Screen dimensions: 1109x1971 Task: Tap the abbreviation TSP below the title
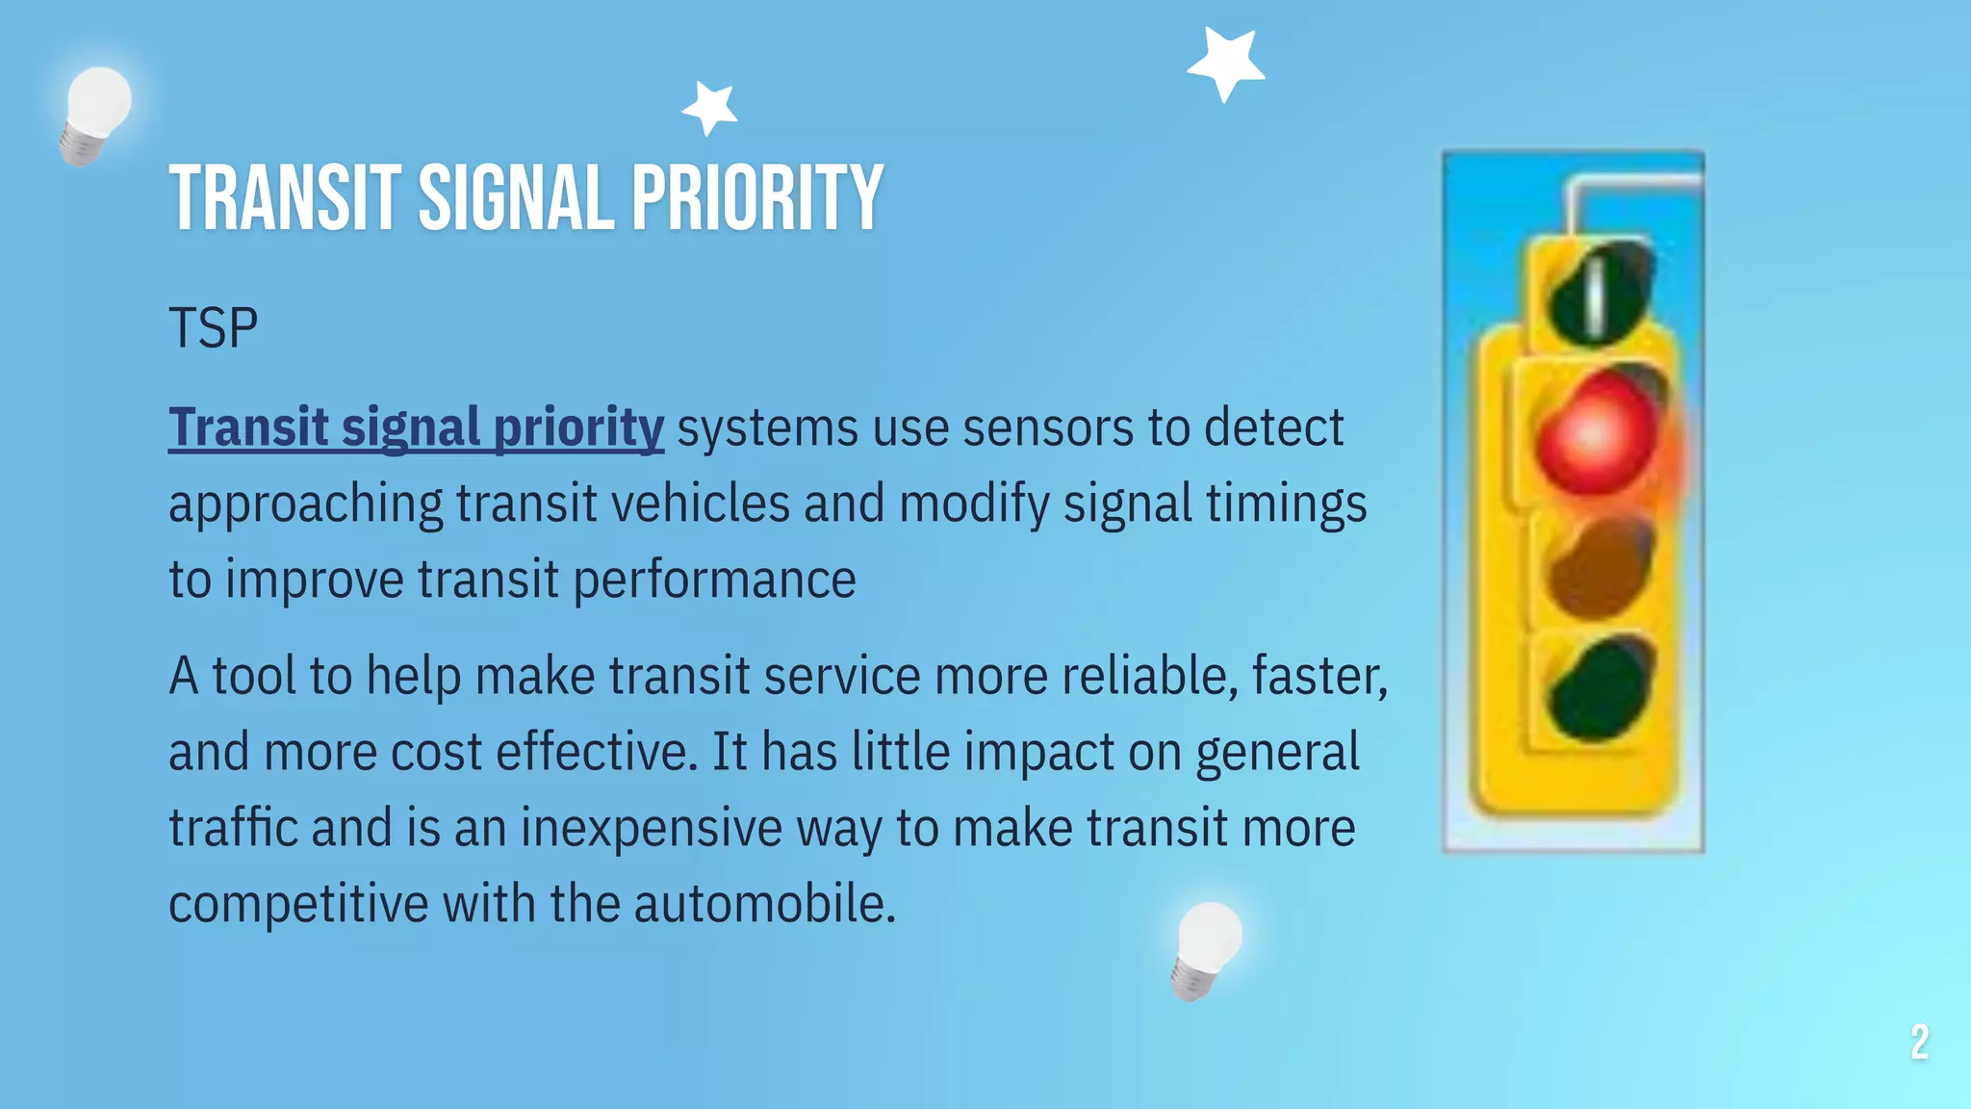213,328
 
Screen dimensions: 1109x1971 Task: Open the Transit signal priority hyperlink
416,427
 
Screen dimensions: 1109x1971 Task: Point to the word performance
714,580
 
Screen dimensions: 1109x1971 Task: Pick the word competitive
298,904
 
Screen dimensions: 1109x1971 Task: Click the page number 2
1919,1043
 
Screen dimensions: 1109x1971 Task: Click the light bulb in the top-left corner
95,114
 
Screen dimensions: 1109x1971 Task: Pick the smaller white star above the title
711,107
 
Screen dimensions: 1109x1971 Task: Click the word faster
1318,676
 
